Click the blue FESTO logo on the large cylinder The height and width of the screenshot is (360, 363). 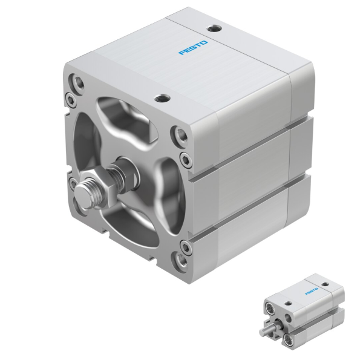click(x=193, y=47)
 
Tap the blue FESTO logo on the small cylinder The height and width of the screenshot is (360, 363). click(x=312, y=290)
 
